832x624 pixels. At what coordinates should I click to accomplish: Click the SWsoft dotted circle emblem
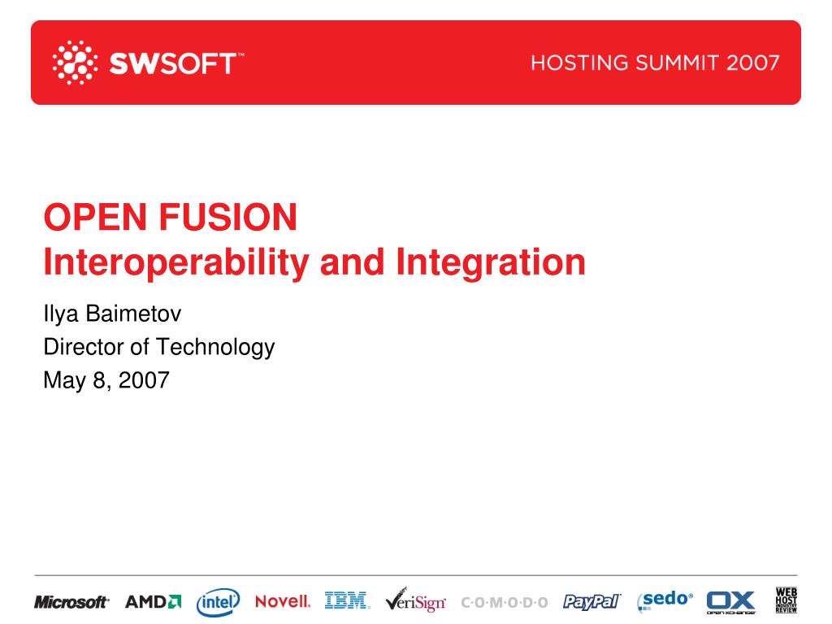[75, 62]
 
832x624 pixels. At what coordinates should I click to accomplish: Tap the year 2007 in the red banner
[753, 63]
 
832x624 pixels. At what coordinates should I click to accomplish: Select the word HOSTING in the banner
[579, 63]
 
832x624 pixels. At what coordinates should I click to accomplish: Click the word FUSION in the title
[227, 217]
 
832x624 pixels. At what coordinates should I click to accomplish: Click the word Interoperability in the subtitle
[176, 263]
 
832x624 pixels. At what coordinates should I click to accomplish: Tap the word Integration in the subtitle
[491, 263]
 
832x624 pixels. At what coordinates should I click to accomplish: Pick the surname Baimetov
[134, 314]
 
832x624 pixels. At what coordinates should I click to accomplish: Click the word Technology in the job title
[215, 348]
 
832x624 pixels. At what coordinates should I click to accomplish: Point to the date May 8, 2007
[106, 380]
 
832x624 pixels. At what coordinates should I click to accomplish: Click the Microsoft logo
[71, 602]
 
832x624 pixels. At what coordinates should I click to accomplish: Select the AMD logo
[154, 602]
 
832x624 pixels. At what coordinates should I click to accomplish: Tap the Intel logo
[218, 602]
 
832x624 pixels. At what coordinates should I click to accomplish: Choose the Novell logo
[283, 602]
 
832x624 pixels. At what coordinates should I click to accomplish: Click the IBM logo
[348, 600]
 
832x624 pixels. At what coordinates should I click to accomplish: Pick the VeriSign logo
[415, 600]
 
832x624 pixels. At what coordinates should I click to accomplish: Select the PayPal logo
[591, 602]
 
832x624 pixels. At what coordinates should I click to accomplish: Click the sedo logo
[665, 600]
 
